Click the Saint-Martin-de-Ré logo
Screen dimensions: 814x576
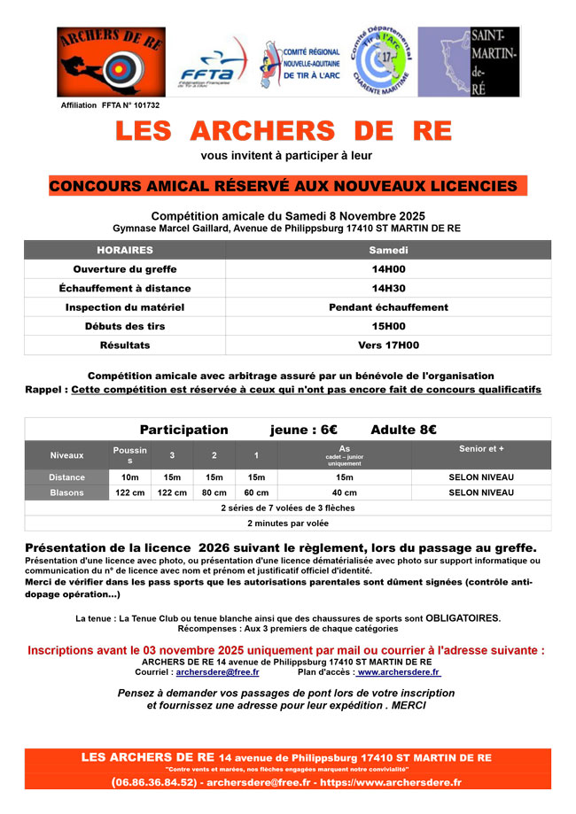(x=469, y=62)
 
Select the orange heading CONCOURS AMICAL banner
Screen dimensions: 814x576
(x=284, y=186)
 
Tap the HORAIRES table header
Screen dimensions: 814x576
(x=125, y=251)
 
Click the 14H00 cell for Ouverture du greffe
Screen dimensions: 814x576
(x=388, y=269)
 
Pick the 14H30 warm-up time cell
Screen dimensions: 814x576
(x=388, y=289)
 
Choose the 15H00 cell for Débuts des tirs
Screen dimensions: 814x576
(x=388, y=326)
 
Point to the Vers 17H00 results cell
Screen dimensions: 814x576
(x=388, y=345)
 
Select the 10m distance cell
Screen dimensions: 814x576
(x=129, y=477)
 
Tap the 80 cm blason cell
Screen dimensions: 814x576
(x=214, y=492)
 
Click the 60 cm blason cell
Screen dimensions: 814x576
(x=256, y=492)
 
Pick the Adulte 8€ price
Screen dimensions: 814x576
(x=403, y=430)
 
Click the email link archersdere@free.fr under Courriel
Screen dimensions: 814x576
(x=217, y=672)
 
